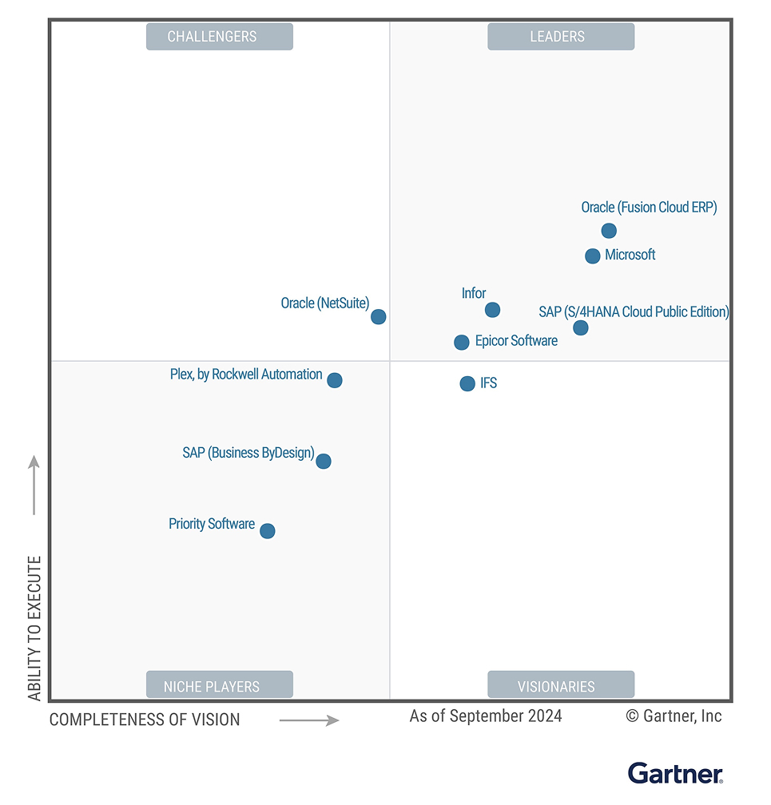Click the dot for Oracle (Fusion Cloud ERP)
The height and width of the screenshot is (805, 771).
[x=609, y=231]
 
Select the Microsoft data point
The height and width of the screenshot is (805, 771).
[x=592, y=256]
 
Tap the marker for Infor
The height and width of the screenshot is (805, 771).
[x=492, y=310]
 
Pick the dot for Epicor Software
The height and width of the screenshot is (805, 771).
[x=462, y=343]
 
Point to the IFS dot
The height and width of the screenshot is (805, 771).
[x=467, y=384]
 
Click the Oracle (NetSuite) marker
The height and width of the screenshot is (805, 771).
[x=379, y=317]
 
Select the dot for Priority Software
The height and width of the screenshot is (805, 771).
[x=268, y=531]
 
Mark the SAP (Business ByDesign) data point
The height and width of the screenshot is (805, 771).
[x=324, y=461]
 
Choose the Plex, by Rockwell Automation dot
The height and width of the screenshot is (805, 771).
[x=335, y=380]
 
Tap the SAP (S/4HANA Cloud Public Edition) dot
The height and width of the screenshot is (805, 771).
[x=581, y=327]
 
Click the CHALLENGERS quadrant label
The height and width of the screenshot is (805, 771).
[x=212, y=37]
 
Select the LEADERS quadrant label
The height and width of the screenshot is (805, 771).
[x=557, y=37]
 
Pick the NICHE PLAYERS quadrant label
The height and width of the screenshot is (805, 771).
[x=212, y=686]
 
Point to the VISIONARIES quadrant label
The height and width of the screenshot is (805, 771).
[x=557, y=686]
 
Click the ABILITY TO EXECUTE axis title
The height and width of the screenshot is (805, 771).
[x=34, y=629]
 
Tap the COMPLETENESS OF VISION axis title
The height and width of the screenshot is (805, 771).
[x=145, y=720]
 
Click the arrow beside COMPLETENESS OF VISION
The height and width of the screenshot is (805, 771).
[x=309, y=720]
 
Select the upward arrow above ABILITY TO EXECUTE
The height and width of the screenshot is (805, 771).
[x=34, y=485]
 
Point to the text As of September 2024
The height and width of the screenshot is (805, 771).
[x=486, y=716]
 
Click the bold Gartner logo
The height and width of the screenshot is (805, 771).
[x=675, y=774]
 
